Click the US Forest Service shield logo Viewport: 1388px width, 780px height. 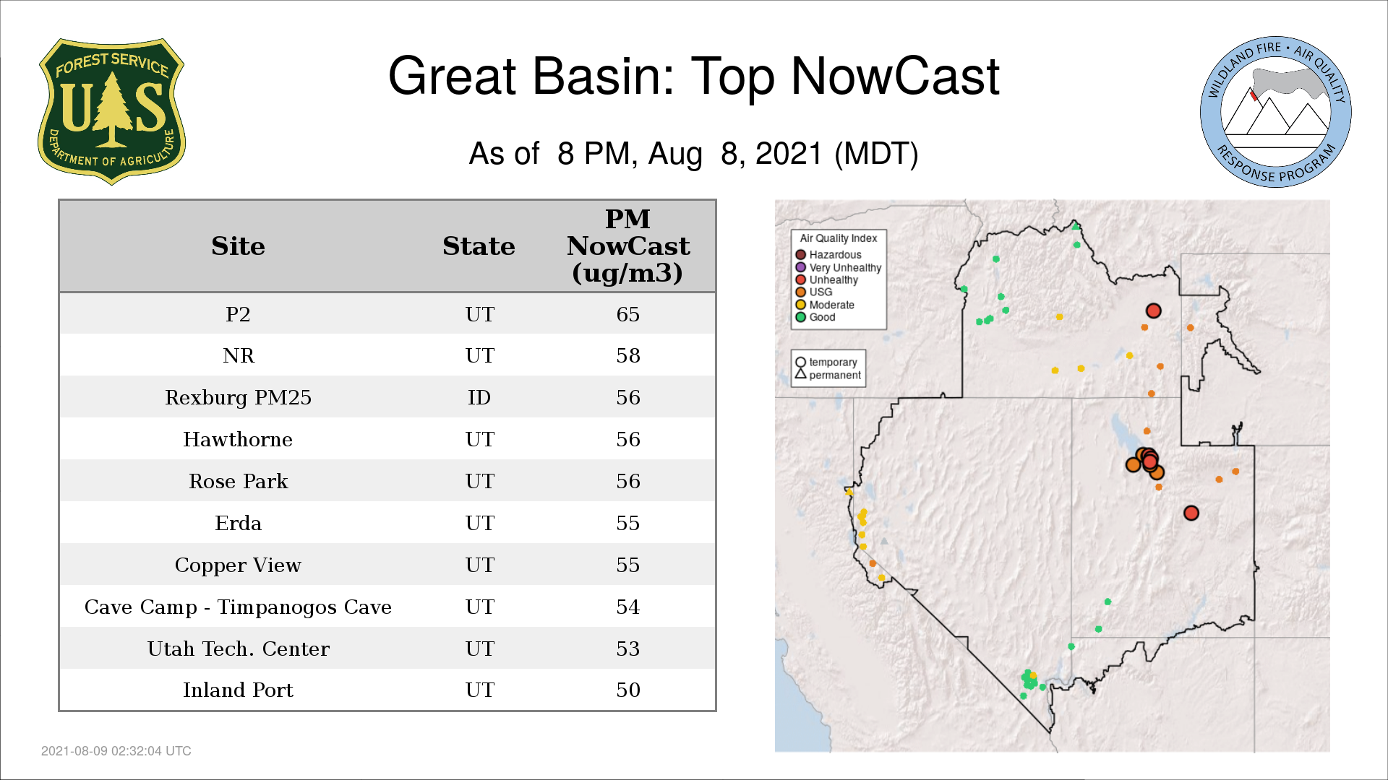(x=111, y=111)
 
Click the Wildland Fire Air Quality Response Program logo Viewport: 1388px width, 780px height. (x=1276, y=112)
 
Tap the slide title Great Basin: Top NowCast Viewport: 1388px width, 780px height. (x=694, y=76)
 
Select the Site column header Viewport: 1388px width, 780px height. (x=238, y=246)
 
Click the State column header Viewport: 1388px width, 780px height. (x=479, y=246)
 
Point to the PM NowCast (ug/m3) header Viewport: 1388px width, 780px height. (x=627, y=246)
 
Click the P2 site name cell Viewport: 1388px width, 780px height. (x=238, y=314)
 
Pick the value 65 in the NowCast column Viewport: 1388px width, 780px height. (x=627, y=314)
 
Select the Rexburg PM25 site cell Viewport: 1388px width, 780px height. (x=238, y=397)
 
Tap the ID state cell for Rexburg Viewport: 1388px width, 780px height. (x=479, y=397)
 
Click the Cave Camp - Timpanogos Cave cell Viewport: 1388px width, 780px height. (x=238, y=607)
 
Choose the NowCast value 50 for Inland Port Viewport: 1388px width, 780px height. (x=627, y=690)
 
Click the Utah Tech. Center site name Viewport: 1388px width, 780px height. (x=238, y=649)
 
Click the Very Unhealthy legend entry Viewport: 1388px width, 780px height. (x=839, y=267)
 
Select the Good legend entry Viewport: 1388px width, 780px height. (x=815, y=317)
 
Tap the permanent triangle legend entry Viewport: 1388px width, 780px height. (x=828, y=375)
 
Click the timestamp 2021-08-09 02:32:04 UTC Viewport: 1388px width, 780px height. (x=116, y=751)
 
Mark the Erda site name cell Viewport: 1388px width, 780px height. (x=238, y=523)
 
